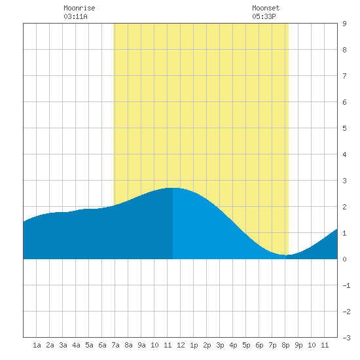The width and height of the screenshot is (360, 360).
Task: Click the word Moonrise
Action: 79,8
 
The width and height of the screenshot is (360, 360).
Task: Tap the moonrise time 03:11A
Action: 75,16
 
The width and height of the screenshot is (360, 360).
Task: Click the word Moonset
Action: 266,8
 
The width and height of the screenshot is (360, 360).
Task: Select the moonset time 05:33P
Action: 264,16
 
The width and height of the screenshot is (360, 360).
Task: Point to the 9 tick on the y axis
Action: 344,24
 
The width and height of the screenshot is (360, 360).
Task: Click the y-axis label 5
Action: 344,128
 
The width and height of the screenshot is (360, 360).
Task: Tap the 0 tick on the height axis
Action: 344,259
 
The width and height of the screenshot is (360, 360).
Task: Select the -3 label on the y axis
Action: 346,338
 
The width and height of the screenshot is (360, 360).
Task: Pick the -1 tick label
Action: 346,285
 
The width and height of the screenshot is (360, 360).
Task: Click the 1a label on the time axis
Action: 37,345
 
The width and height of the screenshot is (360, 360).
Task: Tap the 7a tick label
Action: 115,345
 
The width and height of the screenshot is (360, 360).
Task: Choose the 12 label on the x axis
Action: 181,345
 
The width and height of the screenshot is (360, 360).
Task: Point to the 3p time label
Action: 220,345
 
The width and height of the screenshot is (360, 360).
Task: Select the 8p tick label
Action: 285,345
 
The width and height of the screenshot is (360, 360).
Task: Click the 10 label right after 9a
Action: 154,345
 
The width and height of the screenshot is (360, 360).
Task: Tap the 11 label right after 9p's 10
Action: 325,345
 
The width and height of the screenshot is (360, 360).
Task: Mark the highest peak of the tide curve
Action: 173,188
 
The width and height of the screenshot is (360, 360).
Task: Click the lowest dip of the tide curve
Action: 287,255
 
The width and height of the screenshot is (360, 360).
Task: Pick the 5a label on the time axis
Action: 89,345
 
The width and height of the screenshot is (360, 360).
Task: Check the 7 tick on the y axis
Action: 344,76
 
